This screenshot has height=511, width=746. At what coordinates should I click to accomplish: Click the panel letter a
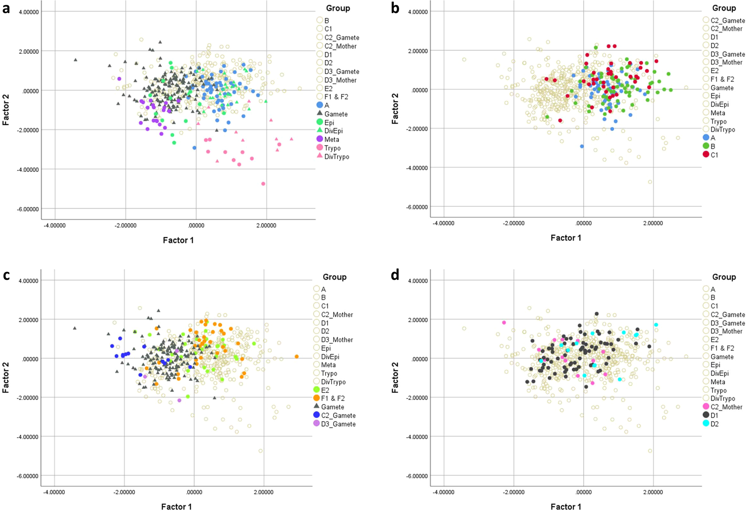coord(6,8)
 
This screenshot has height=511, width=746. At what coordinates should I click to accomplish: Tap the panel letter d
coord(395,275)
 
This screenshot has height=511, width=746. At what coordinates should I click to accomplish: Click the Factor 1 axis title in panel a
coord(178,240)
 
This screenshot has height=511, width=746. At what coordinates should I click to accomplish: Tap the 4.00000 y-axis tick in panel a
coord(28,12)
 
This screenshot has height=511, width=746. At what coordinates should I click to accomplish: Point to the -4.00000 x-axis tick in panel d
coord(443,492)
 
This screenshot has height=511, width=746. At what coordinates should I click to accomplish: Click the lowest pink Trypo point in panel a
coord(263,184)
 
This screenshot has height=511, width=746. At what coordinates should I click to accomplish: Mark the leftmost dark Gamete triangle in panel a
coord(76,60)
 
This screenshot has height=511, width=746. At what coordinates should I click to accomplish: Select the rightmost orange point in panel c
coord(297,357)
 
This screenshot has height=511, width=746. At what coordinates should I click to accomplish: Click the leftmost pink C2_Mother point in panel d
coord(504,322)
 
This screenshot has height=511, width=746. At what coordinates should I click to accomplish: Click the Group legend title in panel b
coord(724,8)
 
